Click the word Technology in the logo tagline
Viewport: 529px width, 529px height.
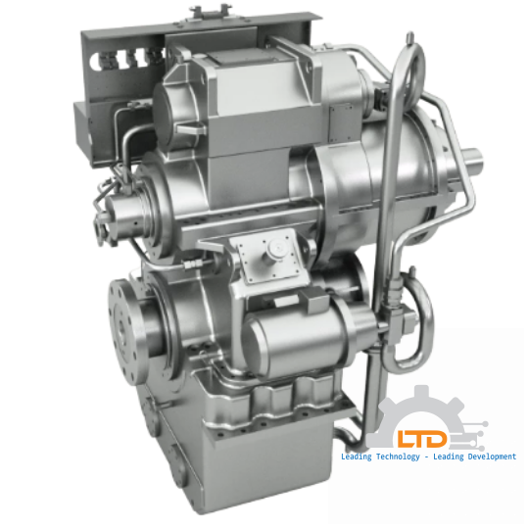coord(388,457)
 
